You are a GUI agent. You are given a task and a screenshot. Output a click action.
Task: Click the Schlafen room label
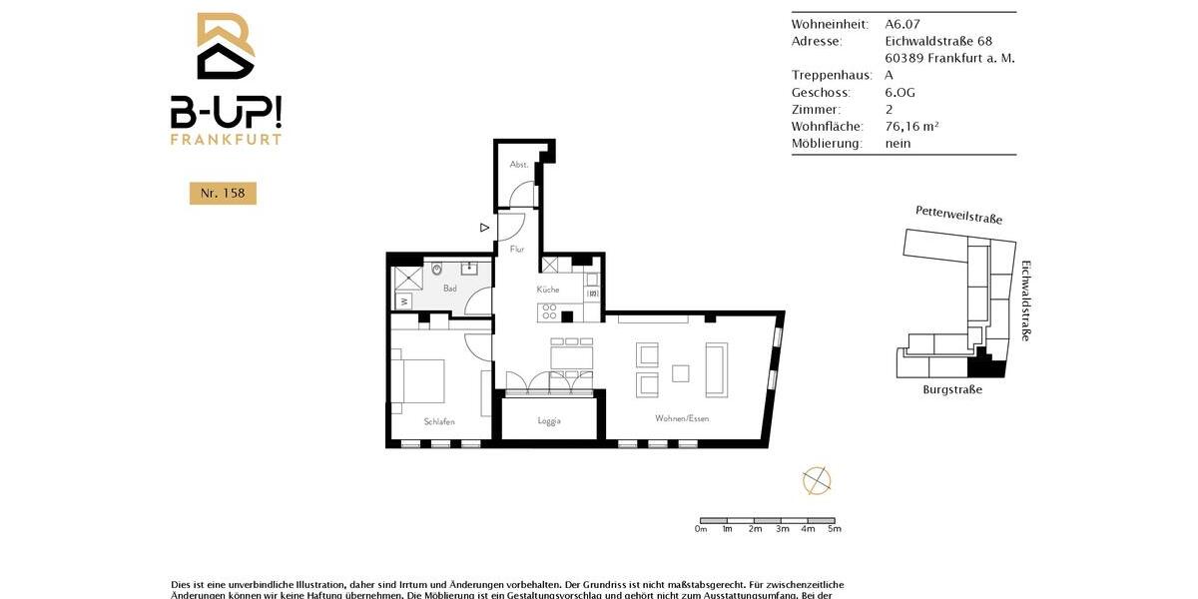click(x=439, y=421)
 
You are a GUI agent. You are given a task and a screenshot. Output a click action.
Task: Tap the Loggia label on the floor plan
click(x=548, y=420)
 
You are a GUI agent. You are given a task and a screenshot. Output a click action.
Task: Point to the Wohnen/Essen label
click(x=682, y=418)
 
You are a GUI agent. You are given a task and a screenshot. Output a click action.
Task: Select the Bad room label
click(x=450, y=289)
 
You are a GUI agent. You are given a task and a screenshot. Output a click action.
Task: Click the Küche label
click(x=548, y=290)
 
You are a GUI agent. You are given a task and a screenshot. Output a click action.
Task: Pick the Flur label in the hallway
click(x=517, y=249)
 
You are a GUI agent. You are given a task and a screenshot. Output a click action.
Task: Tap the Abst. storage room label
click(x=518, y=164)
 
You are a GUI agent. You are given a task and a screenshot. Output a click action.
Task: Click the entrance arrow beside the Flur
click(x=484, y=228)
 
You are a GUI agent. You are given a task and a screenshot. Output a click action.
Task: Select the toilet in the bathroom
click(x=437, y=270)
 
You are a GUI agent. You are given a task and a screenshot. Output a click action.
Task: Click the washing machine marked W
click(x=403, y=299)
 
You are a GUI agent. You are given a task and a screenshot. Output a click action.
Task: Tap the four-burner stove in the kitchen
click(x=549, y=312)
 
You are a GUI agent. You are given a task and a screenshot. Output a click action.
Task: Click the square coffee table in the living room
click(x=681, y=373)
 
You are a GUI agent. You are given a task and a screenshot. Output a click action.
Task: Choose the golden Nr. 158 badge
click(x=223, y=193)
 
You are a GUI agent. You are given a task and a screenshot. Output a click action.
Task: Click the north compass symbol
click(x=817, y=480)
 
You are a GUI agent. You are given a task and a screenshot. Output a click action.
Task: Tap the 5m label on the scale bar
click(x=835, y=529)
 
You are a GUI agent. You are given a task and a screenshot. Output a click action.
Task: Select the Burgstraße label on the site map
click(x=952, y=389)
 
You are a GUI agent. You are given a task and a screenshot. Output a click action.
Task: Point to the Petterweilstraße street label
click(x=958, y=214)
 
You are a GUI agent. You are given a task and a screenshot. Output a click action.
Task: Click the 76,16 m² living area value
click(x=911, y=126)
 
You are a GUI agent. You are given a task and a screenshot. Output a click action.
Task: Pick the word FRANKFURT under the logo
click(x=226, y=139)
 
